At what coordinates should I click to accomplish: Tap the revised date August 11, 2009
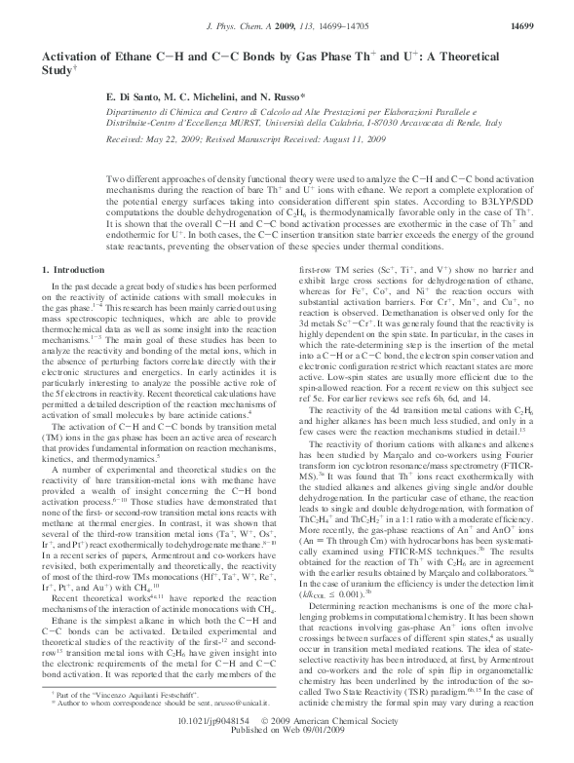tap(324, 142)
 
